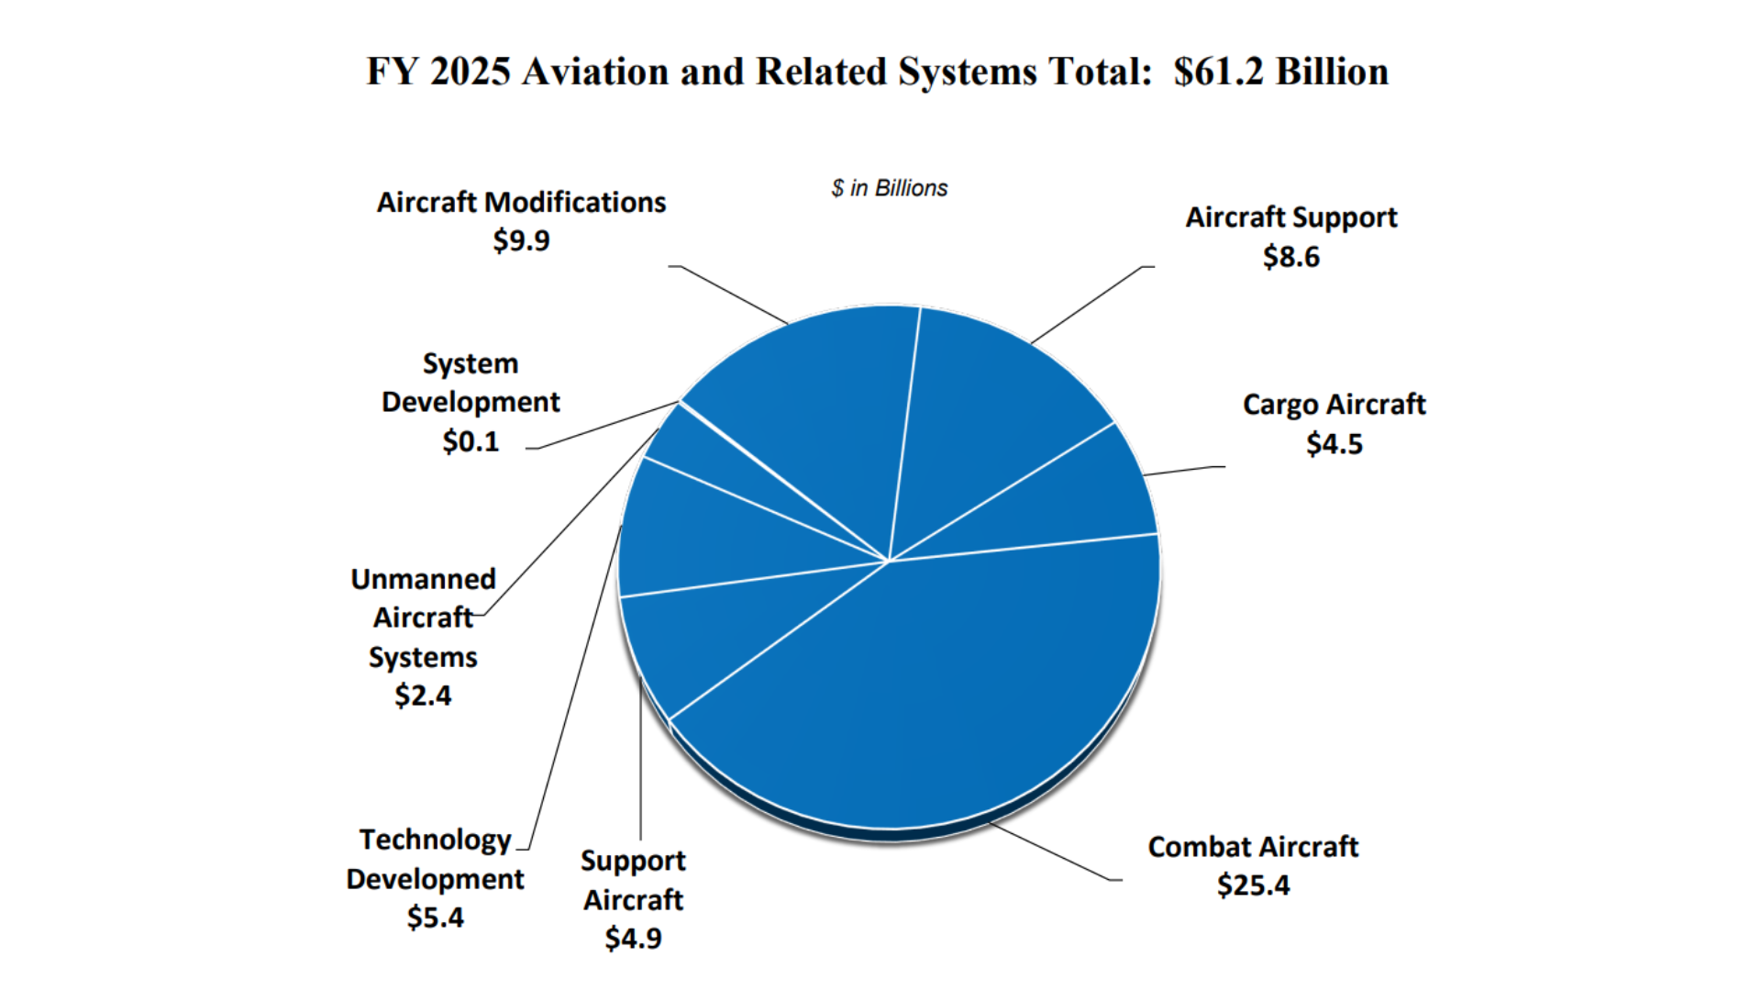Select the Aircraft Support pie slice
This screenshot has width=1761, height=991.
click(991, 413)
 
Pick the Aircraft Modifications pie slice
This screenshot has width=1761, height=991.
click(816, 404)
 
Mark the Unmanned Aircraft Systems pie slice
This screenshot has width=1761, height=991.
click(697, 450)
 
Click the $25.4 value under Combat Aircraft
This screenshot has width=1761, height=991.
click(1253, 885)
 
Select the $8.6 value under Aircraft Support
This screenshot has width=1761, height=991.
click(1290, 257)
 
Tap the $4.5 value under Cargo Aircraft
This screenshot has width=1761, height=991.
click(1334, 444)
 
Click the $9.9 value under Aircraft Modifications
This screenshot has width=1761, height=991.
click(521, 240)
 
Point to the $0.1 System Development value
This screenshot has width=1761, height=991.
click(471, 441)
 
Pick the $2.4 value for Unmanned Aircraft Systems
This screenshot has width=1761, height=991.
click(423, 696)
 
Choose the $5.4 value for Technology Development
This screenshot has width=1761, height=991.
click(435, 918)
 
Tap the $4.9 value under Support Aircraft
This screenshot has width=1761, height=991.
click(633, 939)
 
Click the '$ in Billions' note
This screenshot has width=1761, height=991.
click(889, 188)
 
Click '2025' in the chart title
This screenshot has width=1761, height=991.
click(470, 72)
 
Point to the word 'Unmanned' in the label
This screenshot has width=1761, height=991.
click(423, 579)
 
